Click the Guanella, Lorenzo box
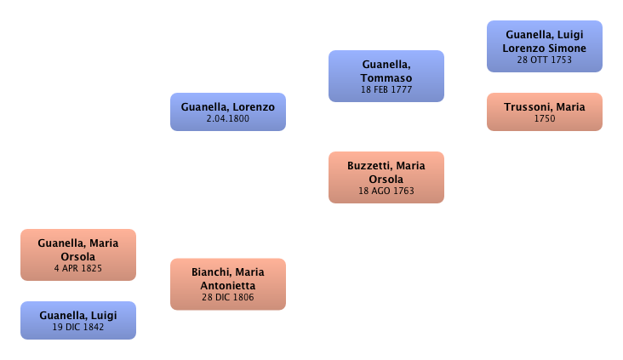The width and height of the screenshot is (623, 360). click(x=227, y=111)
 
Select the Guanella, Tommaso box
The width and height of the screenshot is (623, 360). click(x=386, y=76)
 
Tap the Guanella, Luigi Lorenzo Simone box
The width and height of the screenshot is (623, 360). click(x=545, y=46)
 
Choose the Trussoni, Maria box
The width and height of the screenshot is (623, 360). click(x=545, y=111)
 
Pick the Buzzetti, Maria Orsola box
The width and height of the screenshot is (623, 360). click(x=386, y=177)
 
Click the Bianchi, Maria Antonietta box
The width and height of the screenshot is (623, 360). click(x=227, y=283)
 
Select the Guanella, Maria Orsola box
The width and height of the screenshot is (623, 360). click(x=78, y=254)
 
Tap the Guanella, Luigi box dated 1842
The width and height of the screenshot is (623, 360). click(x=78, y=319)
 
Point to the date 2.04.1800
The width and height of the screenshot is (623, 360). click(x=227, y=120)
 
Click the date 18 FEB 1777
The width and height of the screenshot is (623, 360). click(x=386, y=89)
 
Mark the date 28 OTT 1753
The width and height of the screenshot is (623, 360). click(x=545, y=60)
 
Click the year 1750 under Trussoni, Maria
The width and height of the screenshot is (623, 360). click(x=545, y=119)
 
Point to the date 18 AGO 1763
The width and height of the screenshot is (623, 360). click(x=386, y=191)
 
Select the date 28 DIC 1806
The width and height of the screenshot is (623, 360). click(x=227, y=297)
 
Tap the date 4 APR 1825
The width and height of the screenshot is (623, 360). click(x=78, y=268)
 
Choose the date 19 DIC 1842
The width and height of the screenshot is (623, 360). click(x=78, y=326)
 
